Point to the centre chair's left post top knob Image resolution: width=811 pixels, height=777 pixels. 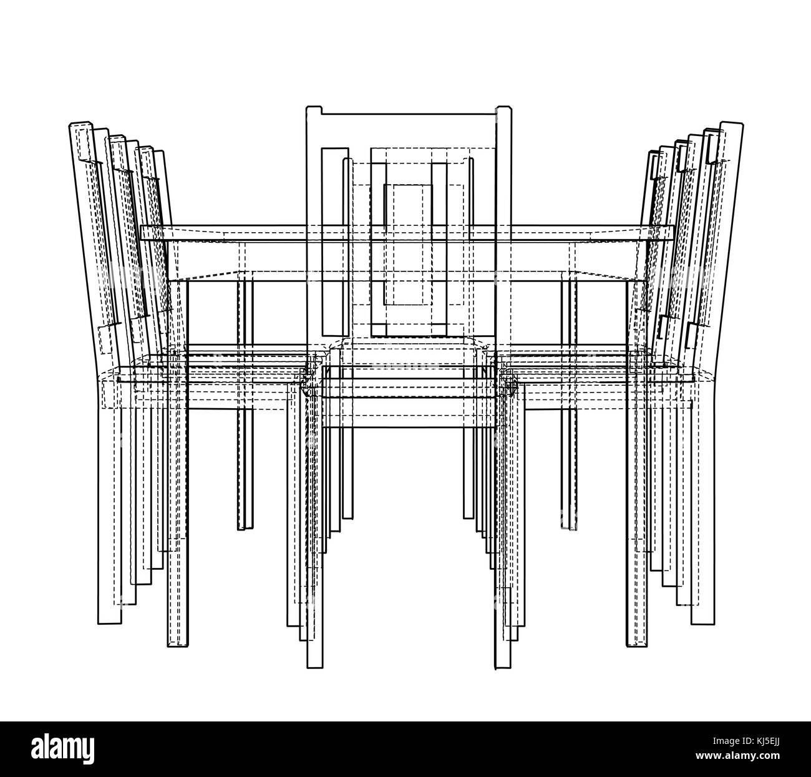tap(314, 110)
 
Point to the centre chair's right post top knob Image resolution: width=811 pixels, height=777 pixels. tap(503, 110)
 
